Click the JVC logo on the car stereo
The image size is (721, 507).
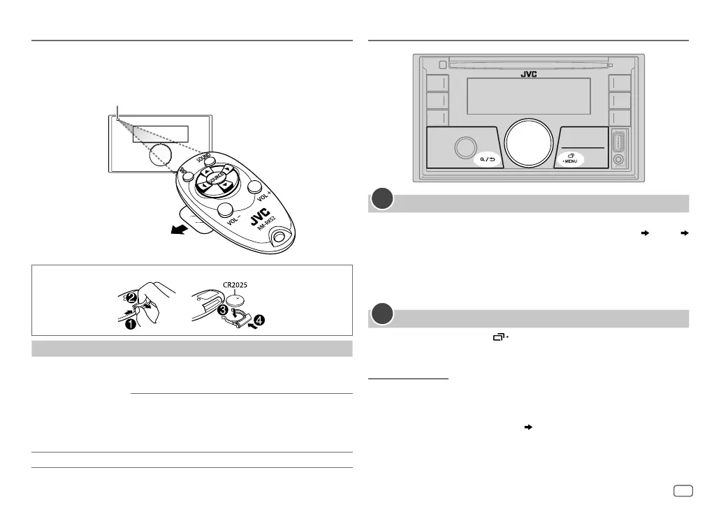529,73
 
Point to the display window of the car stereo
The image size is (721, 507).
528,96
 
